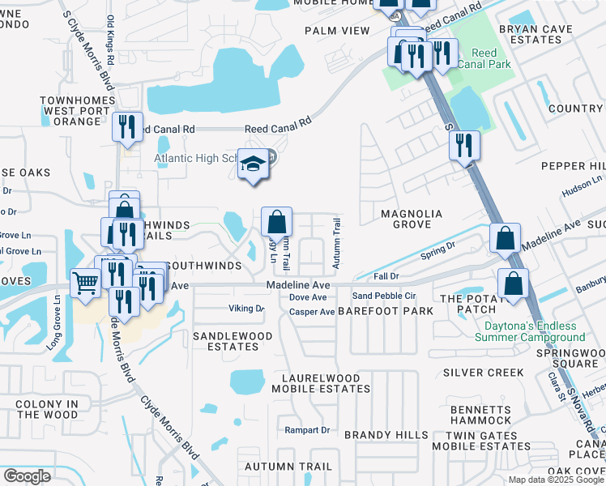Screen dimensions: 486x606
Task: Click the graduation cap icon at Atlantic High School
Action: click(x=254, y=165)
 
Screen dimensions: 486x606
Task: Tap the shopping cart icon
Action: click(x=85, y=283)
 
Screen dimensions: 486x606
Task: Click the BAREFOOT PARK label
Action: click(x=374, y=311)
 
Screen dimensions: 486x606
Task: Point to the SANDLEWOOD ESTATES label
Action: click(x=225, y=340)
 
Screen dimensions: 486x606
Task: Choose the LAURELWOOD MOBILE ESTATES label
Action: click(x=325, y=383)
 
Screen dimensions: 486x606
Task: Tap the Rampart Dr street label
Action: click(x=307, y=429)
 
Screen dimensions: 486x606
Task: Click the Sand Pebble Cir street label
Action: click(x=383, y=296)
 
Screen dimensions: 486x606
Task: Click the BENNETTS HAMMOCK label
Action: click(x=483, y=415)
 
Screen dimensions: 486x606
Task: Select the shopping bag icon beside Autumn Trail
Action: click(x=276, y=222)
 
